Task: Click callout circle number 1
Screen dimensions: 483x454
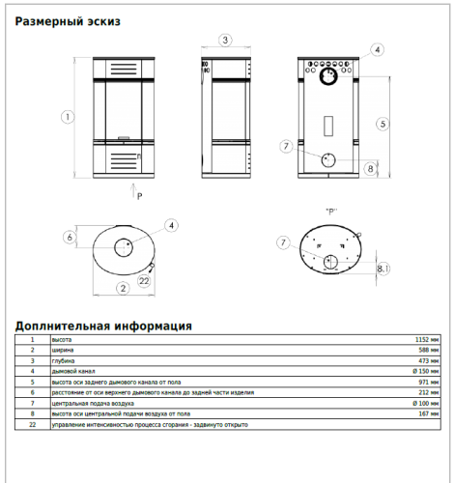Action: (x=68, y=117)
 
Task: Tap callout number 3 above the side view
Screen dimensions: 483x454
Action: (x=224, y=40)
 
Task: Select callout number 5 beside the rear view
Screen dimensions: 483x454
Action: (x=383, y=124)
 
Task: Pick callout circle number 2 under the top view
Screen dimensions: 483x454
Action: (x=123, y=288)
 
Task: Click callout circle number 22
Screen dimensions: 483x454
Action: (x=144, y=280)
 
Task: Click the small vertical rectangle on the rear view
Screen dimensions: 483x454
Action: (x=327, y=126)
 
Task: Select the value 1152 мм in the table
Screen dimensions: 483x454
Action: (x=426, y=340)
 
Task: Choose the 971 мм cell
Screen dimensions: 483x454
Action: (x=428, y=382)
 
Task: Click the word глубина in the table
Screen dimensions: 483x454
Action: (x=63, y=360)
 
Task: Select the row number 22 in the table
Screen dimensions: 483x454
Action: (x=32, y=424)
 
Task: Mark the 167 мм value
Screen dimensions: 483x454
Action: (x=428, y=413)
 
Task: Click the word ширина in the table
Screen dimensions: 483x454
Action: (x=63, y=350)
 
